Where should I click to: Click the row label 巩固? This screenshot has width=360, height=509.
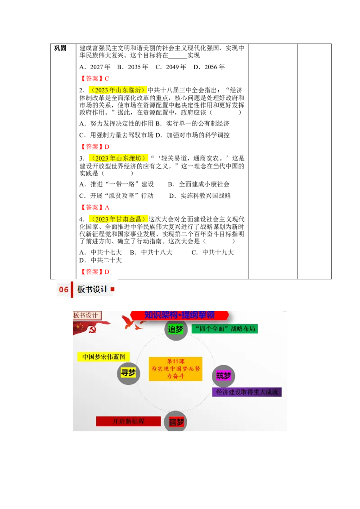coord(60,48)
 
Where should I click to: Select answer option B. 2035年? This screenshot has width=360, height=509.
coord(133,67)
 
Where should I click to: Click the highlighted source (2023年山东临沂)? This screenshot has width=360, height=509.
coord(118,90)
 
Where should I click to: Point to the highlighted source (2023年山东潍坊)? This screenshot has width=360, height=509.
coord(118,158)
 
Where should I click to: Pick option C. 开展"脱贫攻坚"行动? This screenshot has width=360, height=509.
coord(116,196)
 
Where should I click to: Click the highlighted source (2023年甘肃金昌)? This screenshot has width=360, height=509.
coord(118,219)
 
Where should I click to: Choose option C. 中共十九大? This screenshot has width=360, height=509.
coord(213,252)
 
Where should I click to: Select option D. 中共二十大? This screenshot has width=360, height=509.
coord(100,260)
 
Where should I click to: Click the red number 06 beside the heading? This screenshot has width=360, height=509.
coord(64,289)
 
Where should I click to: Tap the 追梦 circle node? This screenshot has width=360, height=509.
coord(175,329)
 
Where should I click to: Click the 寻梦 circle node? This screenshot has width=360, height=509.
coord(128,373)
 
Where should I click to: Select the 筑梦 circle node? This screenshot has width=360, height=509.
coord(224,376)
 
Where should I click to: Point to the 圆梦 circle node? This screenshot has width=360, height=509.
coord(176,422)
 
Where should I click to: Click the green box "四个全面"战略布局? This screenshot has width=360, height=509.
coord(225,329)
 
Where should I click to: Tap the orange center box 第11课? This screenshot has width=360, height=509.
coord(175,369)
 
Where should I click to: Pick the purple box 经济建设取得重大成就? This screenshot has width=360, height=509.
coord(247,392)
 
